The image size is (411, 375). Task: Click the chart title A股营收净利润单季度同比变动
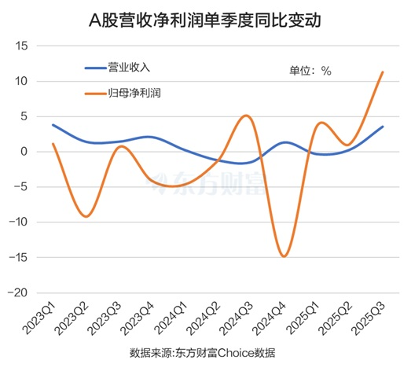[205, 19]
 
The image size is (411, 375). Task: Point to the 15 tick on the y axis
[21, 46]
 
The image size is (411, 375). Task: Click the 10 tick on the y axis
[21, 82]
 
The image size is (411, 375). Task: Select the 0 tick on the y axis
[24, 152]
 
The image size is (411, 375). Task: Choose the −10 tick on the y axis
[18, 222]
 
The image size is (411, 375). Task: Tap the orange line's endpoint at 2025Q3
[383, 72]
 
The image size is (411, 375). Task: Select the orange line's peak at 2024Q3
[246, 116]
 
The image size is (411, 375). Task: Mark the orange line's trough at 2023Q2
[86, 216]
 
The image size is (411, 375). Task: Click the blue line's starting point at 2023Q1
[53, 125]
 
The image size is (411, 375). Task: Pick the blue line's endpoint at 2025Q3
[383, 127]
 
